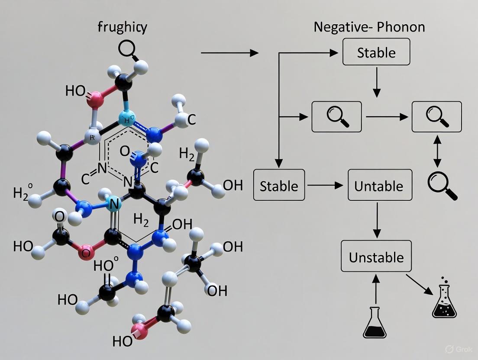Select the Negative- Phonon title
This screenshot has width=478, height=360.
[369, 27]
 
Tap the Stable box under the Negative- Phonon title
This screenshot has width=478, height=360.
[376, 52]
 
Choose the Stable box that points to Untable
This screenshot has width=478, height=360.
[279, 185]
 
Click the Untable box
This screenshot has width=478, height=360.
[380, 185]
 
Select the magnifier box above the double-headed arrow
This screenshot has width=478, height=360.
[436, 116]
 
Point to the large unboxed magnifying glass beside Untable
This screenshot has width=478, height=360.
[442, 185]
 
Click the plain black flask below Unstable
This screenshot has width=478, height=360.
[375, 322]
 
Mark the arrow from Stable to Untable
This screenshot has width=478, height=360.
[326, 185]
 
